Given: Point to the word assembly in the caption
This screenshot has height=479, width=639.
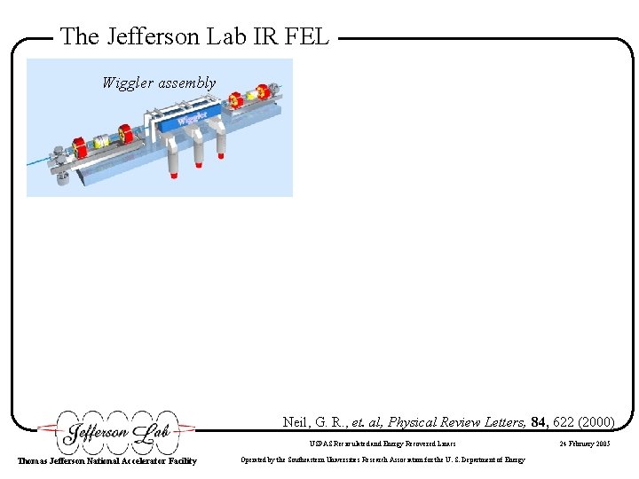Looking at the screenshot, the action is [x=186, y=82].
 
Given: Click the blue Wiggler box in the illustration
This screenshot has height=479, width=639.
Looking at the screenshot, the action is [x=191, y=120].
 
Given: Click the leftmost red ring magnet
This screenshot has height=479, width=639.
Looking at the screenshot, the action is [x=80, y=145].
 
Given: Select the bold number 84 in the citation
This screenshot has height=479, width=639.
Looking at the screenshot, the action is [x=539, y=422].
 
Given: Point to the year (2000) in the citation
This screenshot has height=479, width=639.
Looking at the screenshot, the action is [x=598, y=422].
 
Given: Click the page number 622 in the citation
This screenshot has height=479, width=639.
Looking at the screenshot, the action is [x=564, y=422].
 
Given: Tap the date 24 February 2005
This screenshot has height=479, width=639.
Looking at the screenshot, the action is [x=584, y=443].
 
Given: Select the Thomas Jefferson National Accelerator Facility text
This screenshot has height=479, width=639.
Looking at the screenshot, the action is [x=107, y=460].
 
